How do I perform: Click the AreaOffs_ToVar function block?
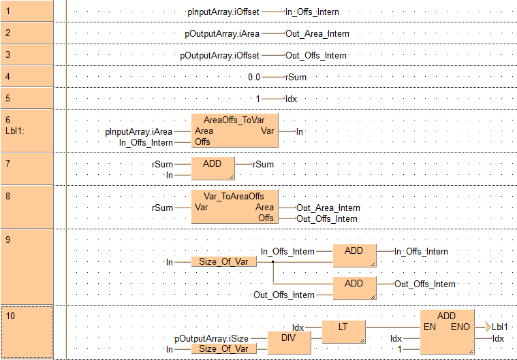point(234,131)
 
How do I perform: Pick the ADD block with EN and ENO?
point(446,331)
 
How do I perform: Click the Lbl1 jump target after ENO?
point(501,327)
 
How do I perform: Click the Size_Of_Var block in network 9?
point(223,261)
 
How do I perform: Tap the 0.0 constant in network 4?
point(254,77)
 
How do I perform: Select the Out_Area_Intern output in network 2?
point(317,33)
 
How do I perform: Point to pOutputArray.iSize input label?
point(211,338)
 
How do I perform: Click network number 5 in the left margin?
point(7,97)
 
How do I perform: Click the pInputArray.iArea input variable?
point(139,131)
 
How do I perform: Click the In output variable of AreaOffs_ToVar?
point(300,131)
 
